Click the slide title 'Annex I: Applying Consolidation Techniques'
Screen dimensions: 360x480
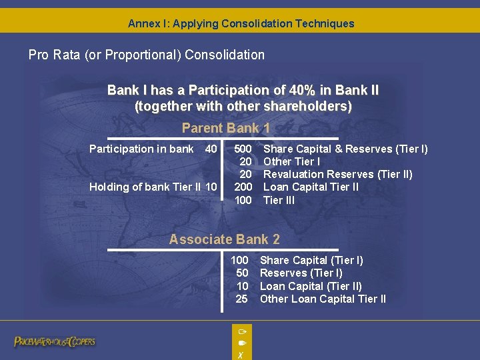(241, 23)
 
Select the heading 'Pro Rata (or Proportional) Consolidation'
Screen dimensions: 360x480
(146, 55)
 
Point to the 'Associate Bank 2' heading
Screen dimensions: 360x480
(225, 239)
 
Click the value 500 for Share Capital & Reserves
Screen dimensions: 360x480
(243, 149)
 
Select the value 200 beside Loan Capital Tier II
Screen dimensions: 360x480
(243, 187)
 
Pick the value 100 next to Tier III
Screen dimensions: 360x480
(243, 200)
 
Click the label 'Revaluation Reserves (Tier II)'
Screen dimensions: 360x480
(338, 175)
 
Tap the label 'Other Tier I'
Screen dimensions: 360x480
(292, 161)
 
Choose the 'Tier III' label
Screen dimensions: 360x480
(279, 200)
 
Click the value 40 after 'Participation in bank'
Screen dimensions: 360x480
(211, 149)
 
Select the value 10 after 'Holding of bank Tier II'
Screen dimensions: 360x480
(211, 187)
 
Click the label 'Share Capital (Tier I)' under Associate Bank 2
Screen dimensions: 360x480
(311, 260)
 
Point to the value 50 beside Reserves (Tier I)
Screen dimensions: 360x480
(242, 273)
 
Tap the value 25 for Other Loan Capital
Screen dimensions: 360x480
(242, 299)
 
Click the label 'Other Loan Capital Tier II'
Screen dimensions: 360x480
(323, 299)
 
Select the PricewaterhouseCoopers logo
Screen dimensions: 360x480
(55, 342)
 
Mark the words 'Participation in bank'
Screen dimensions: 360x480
(141, 149)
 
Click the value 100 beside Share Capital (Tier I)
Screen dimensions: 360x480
(239, 260)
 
